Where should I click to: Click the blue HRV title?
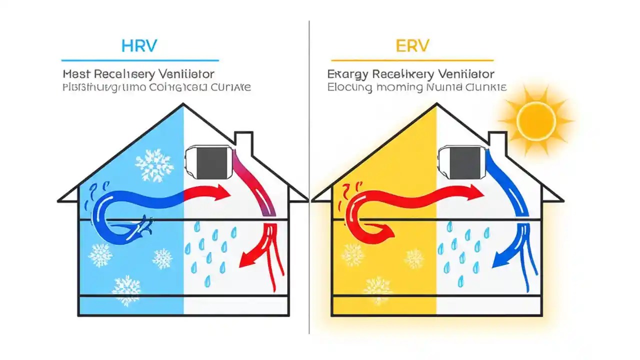click(x=139, y=46)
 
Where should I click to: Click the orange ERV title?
click(x=412, y=46)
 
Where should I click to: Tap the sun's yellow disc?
click(x=536, y=121)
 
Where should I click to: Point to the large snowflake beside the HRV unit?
click(x=154, y=165)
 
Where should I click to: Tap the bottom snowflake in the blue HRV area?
click(x=126, y=290)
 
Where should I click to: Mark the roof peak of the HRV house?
click(x=183, y=105)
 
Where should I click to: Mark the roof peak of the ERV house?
click(x=436, y=105)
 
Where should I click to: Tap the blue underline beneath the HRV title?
click(x=139, y=60)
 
